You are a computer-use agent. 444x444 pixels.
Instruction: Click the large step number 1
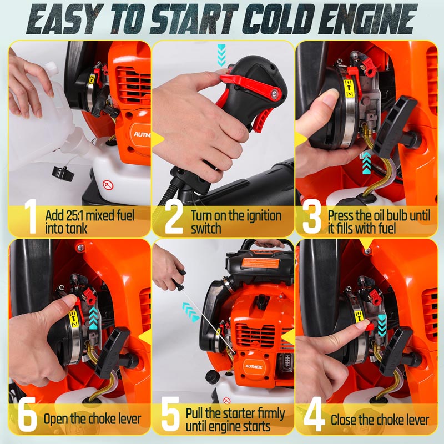tap(31, 216)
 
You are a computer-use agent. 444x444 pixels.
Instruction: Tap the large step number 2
tap(174, 217)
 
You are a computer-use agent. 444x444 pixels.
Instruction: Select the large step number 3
tap(312, 217)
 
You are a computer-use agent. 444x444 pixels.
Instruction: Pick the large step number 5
tap(170, 414)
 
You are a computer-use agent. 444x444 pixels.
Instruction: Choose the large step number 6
tap(27, 414)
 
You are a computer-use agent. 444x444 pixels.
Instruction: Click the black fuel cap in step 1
tap(63, 173)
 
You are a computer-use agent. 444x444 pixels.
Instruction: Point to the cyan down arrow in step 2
tap(221, 55)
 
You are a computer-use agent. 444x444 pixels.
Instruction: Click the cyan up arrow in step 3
tap(367, 163)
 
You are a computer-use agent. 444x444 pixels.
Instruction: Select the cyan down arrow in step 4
tap(382, 325)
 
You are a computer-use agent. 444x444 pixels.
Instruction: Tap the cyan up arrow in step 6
tap(93, 318)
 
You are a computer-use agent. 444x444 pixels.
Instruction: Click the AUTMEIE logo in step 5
tap(254, 366)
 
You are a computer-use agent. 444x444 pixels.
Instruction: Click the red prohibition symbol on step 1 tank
tap(108, 185)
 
